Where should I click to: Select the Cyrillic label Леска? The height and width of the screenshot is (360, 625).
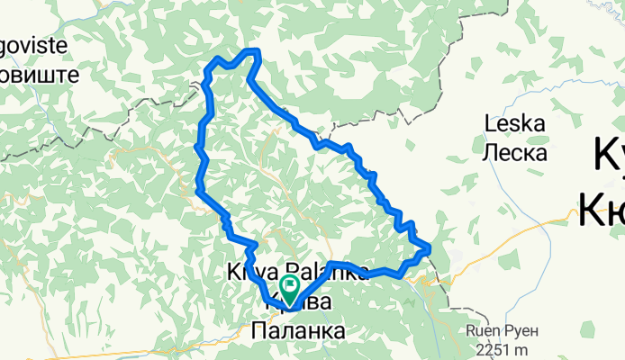[x=515, y=153]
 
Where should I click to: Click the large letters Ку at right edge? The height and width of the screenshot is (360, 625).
[x=609, y=158]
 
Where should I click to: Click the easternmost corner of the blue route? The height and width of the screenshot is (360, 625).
[x=429, y=247]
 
